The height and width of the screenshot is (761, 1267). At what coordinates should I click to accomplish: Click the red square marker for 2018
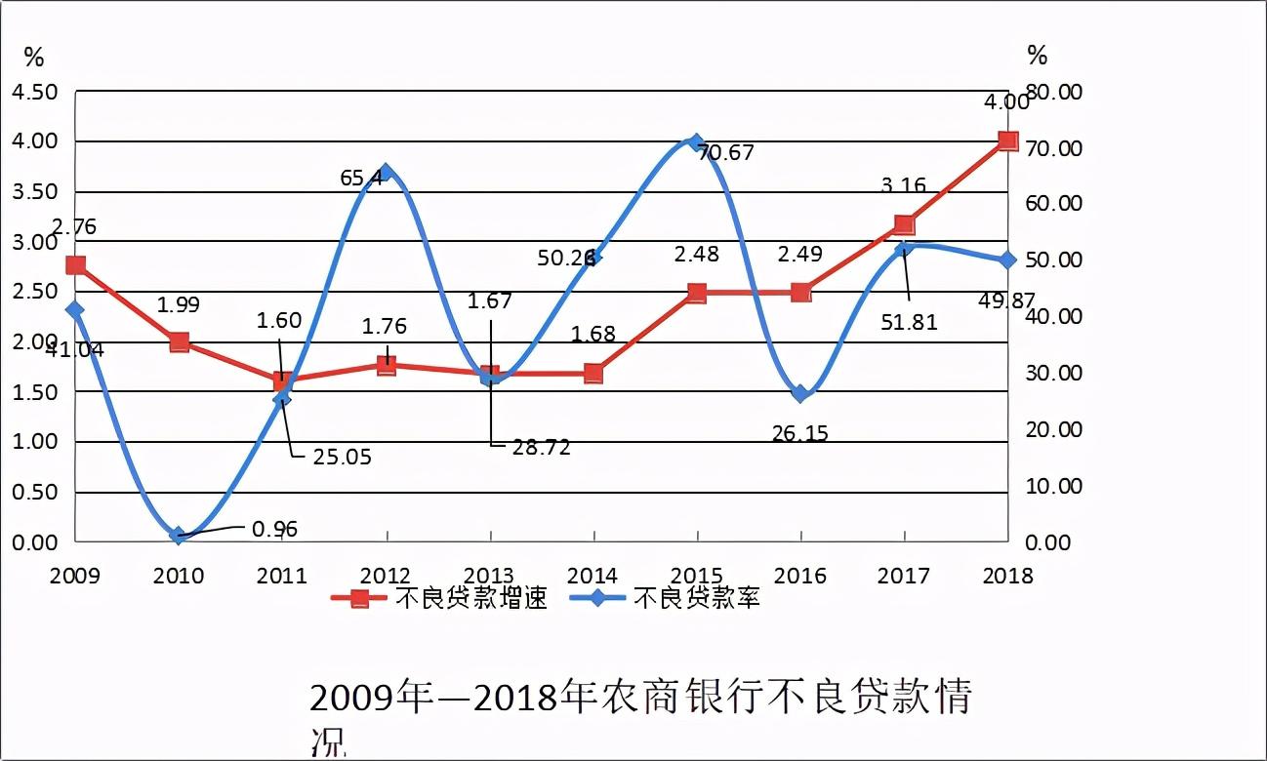pyautogui.click(x=1008, y=141)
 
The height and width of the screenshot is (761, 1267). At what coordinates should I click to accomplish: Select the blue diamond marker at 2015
pyautogui.click(x=696, y=142)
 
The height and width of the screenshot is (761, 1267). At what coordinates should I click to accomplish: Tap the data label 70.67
pyautogui.click(x=726, y=153)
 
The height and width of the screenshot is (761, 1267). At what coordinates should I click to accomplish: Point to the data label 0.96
pyautogui.click(x=274, y=530)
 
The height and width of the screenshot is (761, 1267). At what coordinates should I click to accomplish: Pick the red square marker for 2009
pyautogui.click(x=76, y=265)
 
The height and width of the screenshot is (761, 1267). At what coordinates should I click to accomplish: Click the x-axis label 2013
pyautogui.click(x=489, y=576)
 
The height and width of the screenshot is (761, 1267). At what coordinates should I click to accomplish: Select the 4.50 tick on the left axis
pyautogui.click(x=34, y=92)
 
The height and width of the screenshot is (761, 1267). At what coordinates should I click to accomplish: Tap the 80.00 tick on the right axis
pyautogui.click(x=1056, y=92)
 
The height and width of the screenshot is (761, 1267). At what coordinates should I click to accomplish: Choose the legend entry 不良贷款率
pyautogui.click(x=695, y=598)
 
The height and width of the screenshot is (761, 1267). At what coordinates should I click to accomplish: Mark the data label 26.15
pyautogui.click(x=798, y=433)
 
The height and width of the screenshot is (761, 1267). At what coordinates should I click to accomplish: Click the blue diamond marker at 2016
pyautogui.click(x=800, y=394)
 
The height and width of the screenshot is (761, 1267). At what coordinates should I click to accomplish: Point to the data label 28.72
pyautogui.click(x=541, y=448)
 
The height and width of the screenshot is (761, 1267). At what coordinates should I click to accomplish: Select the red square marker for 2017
pyautogui.click(x=904, y=225)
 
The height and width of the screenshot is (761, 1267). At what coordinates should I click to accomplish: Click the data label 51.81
pyautogui.click(x=909, y=322)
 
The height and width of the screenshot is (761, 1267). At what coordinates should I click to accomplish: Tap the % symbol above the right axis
pyautogui.click(x=1037, y=55)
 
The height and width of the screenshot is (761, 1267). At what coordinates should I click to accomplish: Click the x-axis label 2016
pyautogui.click(x=800, y=576)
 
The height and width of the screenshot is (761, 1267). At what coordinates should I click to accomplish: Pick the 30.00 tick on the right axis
pyautogui.click(x=1056, y=374)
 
